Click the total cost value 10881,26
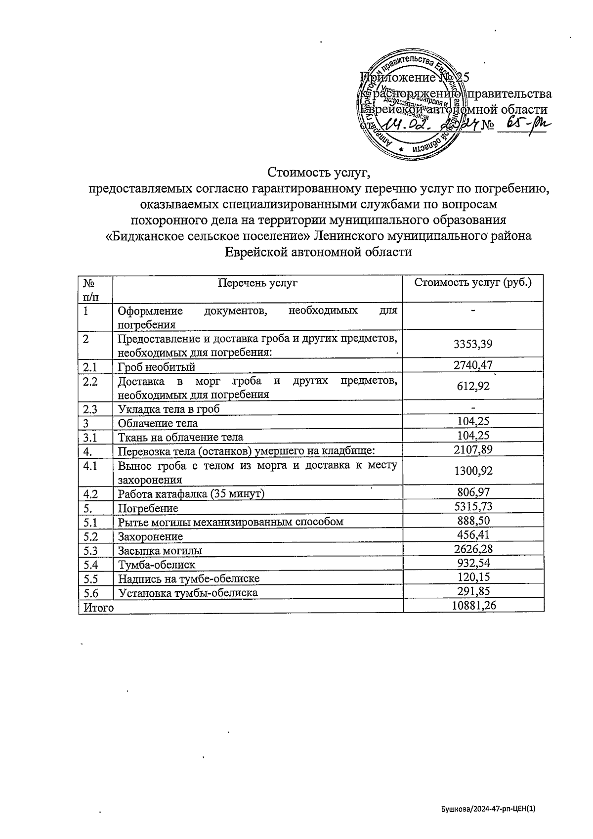[x=473, y=606]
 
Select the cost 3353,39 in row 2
[x=473, y=344]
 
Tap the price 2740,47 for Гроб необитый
[x=473, y=365]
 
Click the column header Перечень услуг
[x=257, y=283]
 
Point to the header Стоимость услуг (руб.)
[x=473, y=283]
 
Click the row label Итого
[x=98, y=607]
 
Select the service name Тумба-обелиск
[x=156, y=565]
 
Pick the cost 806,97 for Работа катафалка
[x=473, y=492]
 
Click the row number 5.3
[x=90, y=550]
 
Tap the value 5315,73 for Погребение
[x=473, y=506]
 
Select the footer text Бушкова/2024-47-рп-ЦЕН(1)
[x=488, y=809]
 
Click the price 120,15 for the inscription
[x=473, y=577]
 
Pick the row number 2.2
[x=90, y=382]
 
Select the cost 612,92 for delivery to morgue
[x=473, y=386]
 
